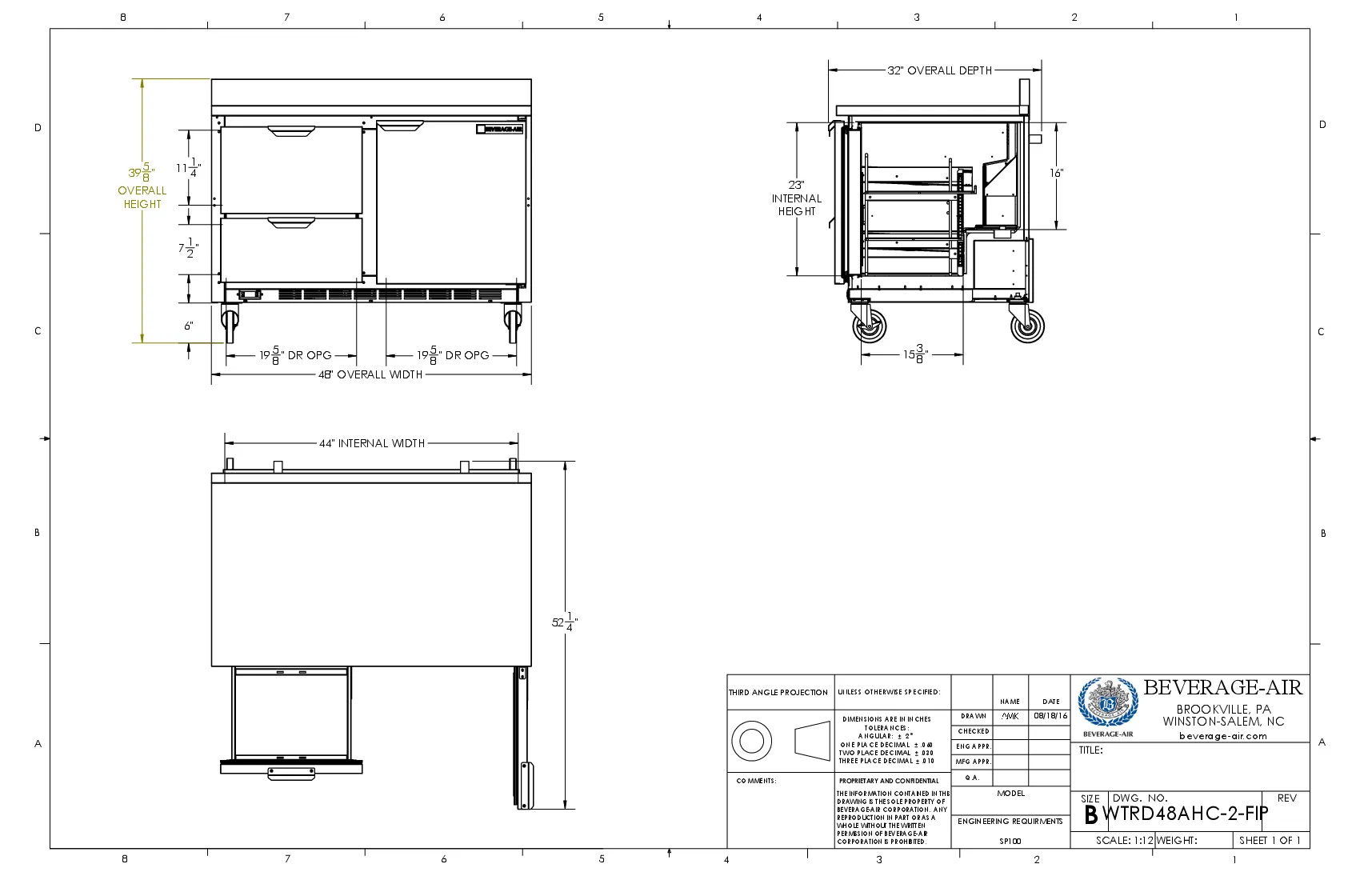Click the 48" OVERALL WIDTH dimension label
[370, 374]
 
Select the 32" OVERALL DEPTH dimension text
[939, 70]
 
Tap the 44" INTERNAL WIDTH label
[372, 443]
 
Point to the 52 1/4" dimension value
[565, 622]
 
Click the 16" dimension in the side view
[1057, 173]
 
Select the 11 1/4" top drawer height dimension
[189, 168]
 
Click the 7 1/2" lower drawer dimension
[188, 249]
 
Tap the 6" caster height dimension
[189, 326]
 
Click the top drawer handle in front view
[292, 130]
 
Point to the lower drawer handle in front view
[292, 222]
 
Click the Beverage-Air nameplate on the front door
[500, 129]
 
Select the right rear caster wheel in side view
[1027, 326]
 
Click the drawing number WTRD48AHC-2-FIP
[1185, 814]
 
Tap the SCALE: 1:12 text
[1124, 841]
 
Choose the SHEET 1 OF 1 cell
[1270, 841]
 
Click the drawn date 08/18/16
[1050, 716]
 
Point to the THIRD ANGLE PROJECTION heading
[778, 693]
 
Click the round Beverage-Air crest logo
[1107, 703]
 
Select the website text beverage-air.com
[1223, 736]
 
